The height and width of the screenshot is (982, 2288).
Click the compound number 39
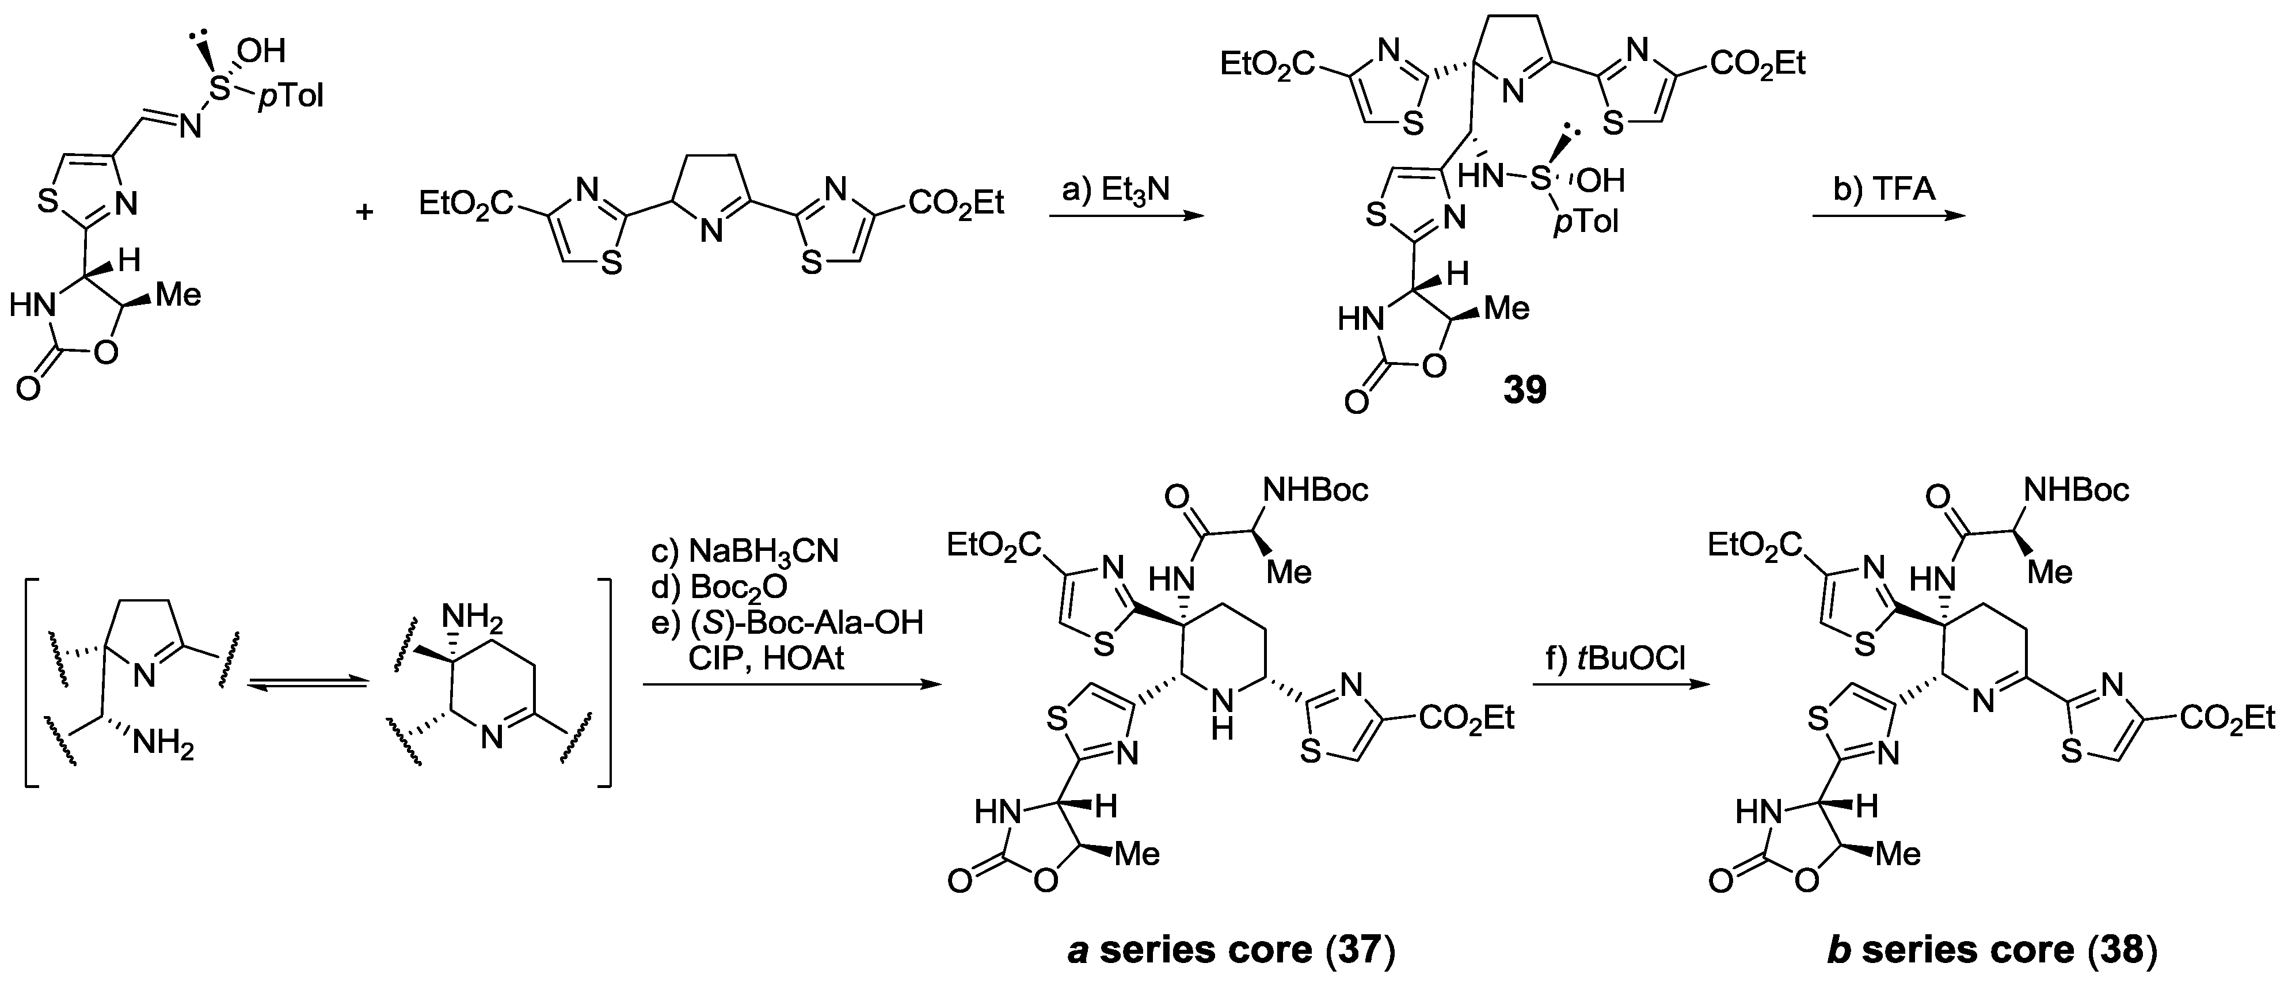(x=1524, y=389)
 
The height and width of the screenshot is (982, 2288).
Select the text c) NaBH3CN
(x=744, y=551)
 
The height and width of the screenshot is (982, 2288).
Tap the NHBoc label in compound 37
(x=1315, y=489)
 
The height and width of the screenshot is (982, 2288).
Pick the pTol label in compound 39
(x=1585, y=221)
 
